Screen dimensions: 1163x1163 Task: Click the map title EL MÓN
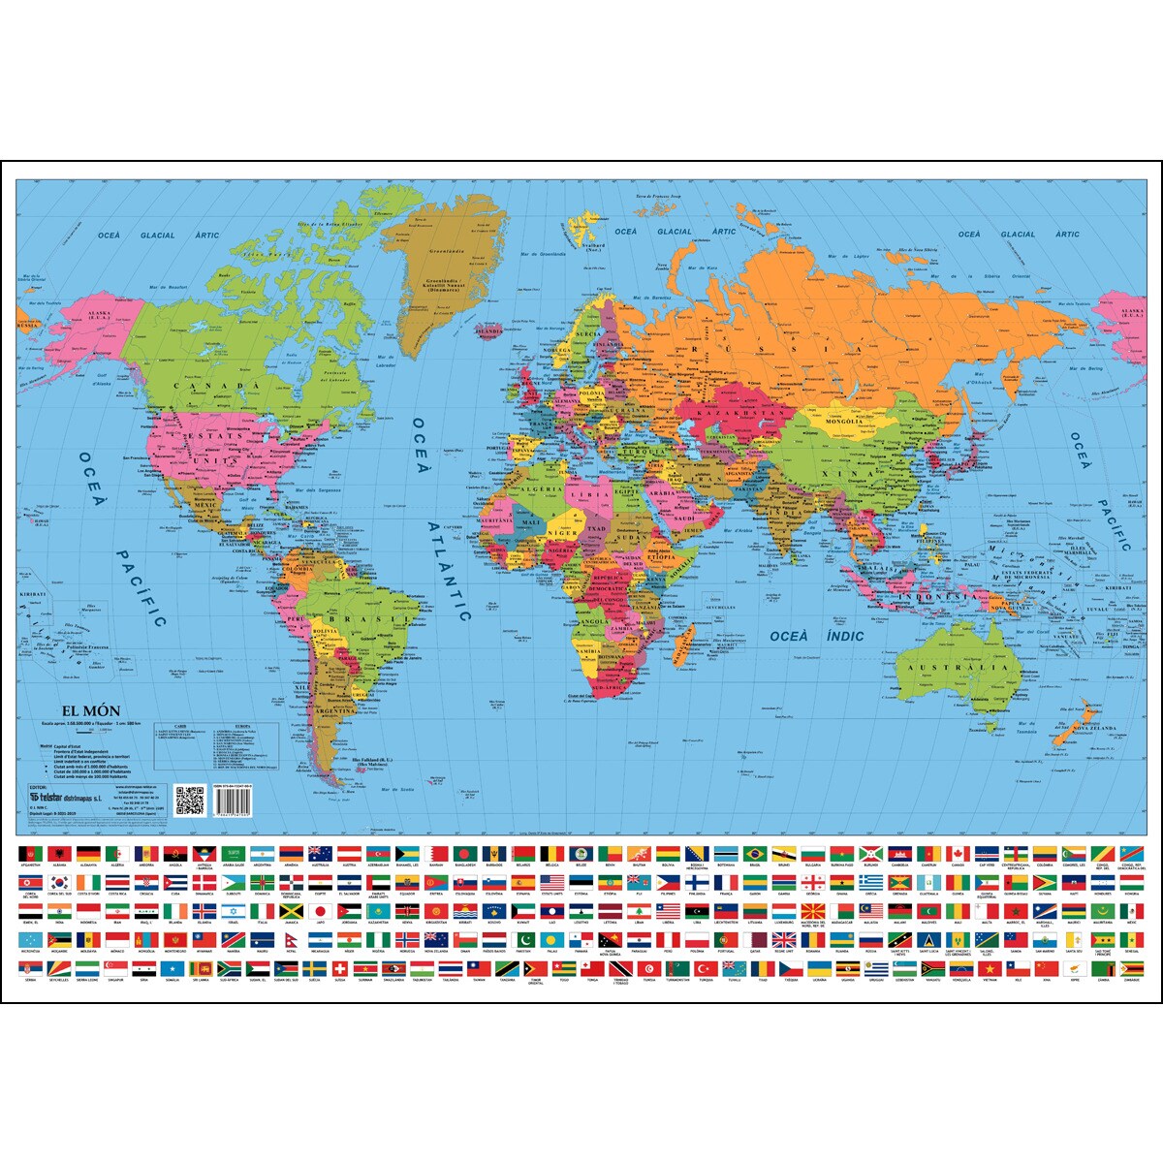(92, 710)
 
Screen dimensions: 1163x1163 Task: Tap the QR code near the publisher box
(190, 801)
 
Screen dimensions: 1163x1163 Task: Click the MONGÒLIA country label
(843, 422)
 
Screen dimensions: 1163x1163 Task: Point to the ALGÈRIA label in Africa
(537, 490)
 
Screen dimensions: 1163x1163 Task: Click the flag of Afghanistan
(30, 853)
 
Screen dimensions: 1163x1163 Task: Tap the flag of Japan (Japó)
(321, 911)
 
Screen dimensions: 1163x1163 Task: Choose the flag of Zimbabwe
(1131, 969)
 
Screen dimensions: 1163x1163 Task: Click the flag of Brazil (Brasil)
(754, 853)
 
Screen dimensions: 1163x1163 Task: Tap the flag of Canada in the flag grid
(958, 853)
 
